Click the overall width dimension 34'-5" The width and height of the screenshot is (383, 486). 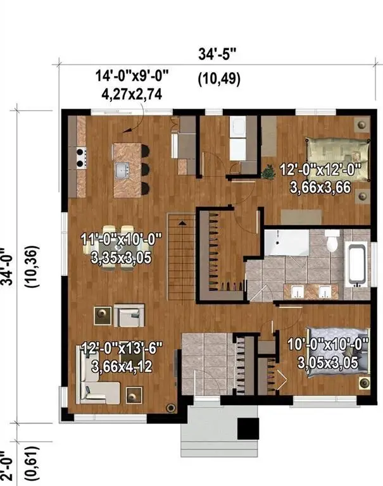(x=217, y=54)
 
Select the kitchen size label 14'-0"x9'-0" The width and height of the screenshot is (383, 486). (x=132, y=76)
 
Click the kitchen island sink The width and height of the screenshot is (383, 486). (x=123, y=170)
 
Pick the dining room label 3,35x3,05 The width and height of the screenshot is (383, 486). (x=122, y=258)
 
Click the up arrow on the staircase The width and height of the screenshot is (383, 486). (x=182, y=223)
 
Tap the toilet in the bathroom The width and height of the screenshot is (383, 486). (x=332, y=240)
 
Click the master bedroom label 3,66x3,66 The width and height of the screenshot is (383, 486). (x=320, y=187)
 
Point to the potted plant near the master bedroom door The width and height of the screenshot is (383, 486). (x=268, y=172)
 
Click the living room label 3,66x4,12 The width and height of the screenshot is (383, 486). (x=122, y=366)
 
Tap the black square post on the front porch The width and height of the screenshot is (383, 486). (x=248, y=428)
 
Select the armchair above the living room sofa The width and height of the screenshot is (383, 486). (x=129, y=316)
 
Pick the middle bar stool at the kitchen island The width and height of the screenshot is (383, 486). (x=145, y=169)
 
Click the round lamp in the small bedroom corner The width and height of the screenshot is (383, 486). (x=365, y=383)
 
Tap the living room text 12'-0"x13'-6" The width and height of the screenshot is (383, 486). (x=122, y=348)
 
